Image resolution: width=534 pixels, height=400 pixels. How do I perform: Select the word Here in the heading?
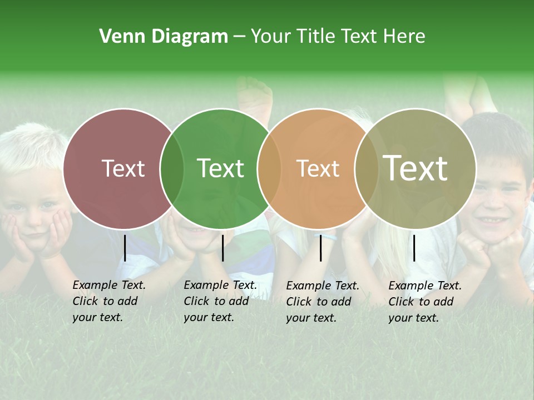click(406, 36)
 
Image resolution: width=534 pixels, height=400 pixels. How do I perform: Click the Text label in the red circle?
click(123, 168)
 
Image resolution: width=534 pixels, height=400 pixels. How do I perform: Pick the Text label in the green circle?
click(220, 168)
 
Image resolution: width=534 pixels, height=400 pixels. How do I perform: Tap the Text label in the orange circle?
click(318, 168)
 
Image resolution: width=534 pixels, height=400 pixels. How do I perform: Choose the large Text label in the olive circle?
click(416, 168)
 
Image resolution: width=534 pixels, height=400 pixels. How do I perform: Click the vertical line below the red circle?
click(125, 248)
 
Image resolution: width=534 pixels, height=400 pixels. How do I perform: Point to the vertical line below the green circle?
click(222, 248)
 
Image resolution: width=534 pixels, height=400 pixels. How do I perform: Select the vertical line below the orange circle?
click(321, 248)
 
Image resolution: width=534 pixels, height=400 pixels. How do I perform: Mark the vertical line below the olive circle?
click(414, 248)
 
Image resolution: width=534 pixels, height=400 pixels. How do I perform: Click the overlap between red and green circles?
click(172, 168)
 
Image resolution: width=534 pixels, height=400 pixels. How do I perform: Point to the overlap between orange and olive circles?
click(365, 168)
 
